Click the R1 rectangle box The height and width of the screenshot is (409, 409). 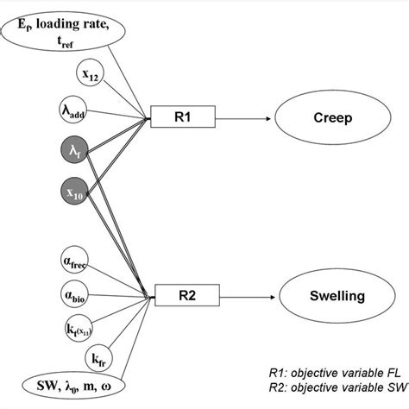[x=184, y=113]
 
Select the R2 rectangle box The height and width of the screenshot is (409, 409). [x=186, y=296]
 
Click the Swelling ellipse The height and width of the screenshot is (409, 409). [x=332, y=297]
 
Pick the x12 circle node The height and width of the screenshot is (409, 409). [x=91, y=72]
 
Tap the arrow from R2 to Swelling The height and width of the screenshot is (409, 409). [x=246, y=297]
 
